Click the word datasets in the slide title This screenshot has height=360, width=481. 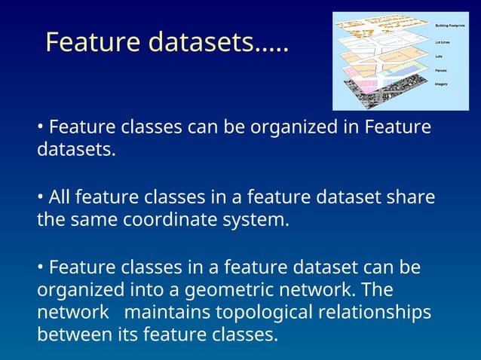click(201, 42)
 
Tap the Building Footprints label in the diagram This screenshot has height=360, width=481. click(451, 25)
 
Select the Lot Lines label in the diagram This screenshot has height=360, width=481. click(443, 42)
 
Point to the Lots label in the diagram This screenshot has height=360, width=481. click(440, 56)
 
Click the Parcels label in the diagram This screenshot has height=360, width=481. click(441, 70)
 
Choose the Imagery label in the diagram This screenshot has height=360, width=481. click(442, 84)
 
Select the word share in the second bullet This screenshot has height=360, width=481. click(411, 198)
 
